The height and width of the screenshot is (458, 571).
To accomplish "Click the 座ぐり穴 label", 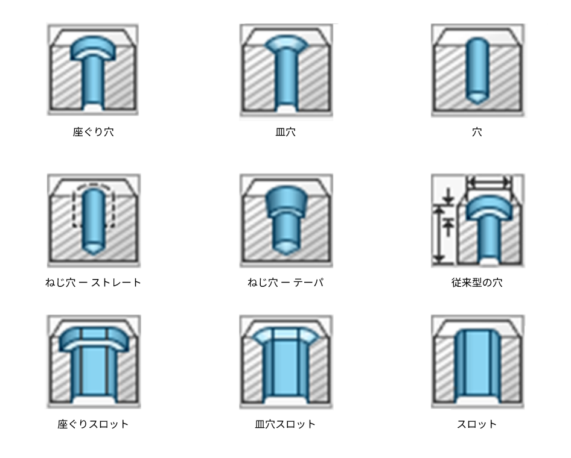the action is point(93,131).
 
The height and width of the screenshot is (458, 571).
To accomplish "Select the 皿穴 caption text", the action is point(285,131).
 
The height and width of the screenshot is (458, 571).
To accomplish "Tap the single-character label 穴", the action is point(477,131).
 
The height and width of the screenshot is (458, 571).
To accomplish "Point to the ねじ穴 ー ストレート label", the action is point(93,282).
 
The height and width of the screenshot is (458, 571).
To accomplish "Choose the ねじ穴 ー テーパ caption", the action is point(285,282).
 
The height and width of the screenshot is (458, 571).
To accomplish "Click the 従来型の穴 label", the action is point(477,282).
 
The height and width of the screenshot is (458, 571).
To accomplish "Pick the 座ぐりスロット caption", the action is point(93,424).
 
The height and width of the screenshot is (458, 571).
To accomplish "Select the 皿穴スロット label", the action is point(285,424).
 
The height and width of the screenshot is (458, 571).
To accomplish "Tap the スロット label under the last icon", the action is point(477,424).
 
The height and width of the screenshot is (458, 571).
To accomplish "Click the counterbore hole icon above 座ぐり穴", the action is point(93,69).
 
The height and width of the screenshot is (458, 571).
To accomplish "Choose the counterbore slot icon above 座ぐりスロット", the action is point(94,362).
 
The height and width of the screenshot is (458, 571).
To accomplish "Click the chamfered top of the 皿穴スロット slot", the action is point(286,334).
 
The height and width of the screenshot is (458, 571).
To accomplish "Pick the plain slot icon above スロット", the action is point(478,362).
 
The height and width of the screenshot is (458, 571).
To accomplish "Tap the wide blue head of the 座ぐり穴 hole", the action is point(93,48).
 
